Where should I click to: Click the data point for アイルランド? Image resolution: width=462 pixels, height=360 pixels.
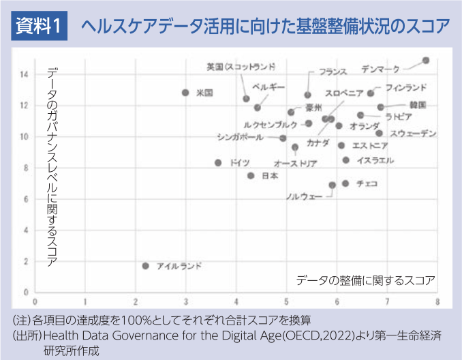pyautogui.click(x=145, y=266)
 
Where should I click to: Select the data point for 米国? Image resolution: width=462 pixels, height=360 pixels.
pyautogui.click(x=185, y=92)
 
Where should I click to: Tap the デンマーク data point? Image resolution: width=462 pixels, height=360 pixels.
pyautogui.click(x=426, y=61)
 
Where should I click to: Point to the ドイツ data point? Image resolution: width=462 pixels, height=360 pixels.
pyautogui.click(x=218, y=163)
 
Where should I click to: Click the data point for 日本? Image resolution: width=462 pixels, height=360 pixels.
pyautogui.click(x=251, y=176)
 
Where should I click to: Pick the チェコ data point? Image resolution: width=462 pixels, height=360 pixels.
pyautogui.click(x=345, y=183)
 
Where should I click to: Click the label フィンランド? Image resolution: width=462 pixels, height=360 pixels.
pyautogui.click(x=405, y=88)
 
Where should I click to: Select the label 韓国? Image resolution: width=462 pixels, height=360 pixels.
pyautogui.click(x=418, y=105)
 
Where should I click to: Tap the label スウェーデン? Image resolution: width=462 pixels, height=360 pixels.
pyautogui.click(x=413, y=134)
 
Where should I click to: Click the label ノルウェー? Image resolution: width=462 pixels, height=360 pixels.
pyautogui.click(x=304, y=196)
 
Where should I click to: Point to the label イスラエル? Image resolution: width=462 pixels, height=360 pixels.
pyautogui.click(x=375, y=161)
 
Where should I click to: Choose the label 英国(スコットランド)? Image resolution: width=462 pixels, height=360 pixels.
pyautogui.click(x=241, y=67)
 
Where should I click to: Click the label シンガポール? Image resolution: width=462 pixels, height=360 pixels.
pyautogui.click(x=240, y=137)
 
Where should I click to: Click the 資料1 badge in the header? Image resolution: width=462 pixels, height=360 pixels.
pyautogui.click(x=40, y=27)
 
